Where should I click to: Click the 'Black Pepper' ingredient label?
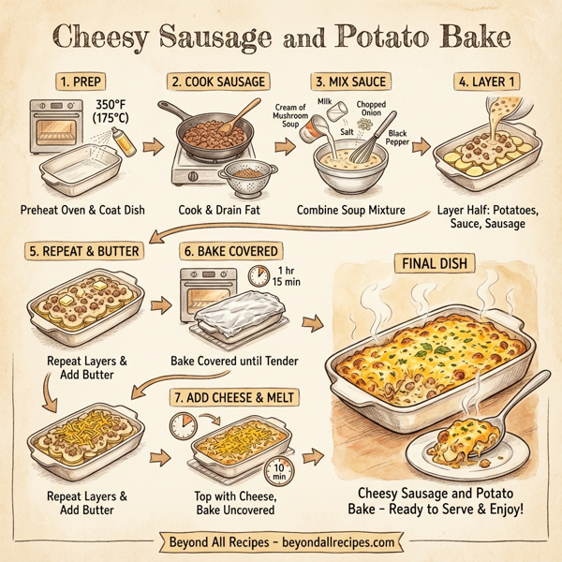click(x=398, y=140)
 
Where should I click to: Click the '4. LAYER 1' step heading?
click(x=488, y=81)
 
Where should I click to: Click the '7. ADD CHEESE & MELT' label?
click(x=234, y=397)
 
